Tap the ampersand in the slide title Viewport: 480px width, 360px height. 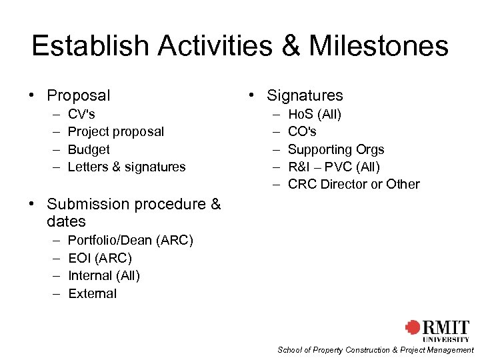click(x=287, y=46)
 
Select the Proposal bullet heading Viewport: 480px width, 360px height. click(x=79, y=96)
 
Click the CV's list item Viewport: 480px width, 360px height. click(x=81, y=115)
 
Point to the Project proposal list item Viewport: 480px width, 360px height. click(x=115, y=132)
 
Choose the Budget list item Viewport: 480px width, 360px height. click(x=89, y=150)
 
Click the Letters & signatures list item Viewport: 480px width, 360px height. click(x=127, y=167)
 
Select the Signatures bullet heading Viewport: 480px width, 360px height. click(x=305, y=96)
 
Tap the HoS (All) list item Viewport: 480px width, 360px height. click(x=315, y=115)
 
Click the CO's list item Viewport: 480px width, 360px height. click(x=302, y=132)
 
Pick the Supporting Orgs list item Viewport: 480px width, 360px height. click(x=336, y=150)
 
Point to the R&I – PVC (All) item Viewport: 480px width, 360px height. click(x=334, y=167)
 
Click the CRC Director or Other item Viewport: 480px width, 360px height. click(x=354, y=185)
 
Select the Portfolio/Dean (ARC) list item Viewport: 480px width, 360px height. click(x=131, y=241)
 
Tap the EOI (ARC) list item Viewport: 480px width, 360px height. click(x=100, y=258)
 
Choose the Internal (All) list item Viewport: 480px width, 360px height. click(x=104, y=276)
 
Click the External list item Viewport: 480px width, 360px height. click(x=93, y=294)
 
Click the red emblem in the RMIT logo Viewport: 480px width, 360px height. click(x=413, y=328)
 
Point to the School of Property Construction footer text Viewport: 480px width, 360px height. click(x=375, y=350)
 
